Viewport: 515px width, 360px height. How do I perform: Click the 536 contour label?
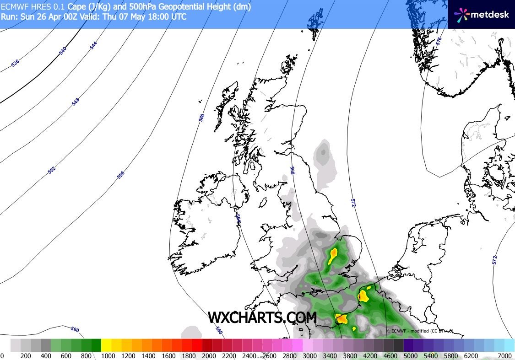pyautogui.click(x=15, y=63)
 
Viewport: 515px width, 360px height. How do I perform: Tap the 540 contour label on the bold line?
pyautogui.click(x=63, y=51)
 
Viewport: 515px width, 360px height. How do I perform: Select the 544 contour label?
pyautogui.click(x=93, y=45)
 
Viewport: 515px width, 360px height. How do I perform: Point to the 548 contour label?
pyautogui.click(x=76, y=102)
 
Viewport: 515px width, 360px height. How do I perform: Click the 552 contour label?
pyautogui.click(x=51, y=170)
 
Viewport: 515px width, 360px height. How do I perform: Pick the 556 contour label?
pyautogui.click(x=120, y=175)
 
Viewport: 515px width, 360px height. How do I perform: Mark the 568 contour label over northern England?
pyautogui.click(x=292, y=170)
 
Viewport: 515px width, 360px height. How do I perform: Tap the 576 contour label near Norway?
pyautogui.click(x=439, y=41)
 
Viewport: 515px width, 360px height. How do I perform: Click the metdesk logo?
pyautogui.click(x=482, y=14)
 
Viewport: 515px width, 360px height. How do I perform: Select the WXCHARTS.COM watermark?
pyautogui.click(x=262, y=317)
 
